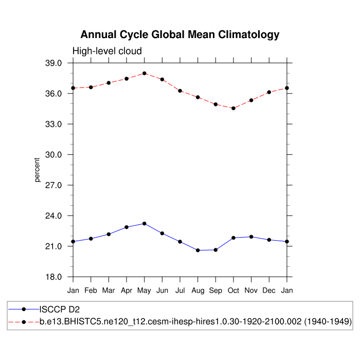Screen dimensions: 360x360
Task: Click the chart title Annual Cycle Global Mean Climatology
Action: (180, 35)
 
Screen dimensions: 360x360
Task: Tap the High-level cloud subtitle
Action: (107, 51)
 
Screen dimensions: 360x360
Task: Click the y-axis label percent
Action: (38, 170)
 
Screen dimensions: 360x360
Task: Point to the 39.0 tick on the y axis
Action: (54, 63)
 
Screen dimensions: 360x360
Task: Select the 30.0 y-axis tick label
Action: (54, 155)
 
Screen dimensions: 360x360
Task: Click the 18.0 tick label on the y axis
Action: (54, 277)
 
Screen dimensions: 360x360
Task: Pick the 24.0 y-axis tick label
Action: (54, 216)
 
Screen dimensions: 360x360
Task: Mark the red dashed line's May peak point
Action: (145, 73)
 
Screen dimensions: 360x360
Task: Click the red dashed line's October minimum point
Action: (233, 109)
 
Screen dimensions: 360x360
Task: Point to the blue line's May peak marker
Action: (145, 224)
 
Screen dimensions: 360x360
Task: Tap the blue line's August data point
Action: (197, 250)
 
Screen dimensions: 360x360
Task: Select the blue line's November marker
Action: (251, 237)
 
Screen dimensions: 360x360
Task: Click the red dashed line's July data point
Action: (180, 91)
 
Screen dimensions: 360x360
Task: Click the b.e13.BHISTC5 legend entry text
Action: (195, 322)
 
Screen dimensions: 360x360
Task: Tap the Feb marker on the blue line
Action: (91, 239)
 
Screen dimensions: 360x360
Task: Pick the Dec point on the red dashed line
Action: (269, 92)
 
